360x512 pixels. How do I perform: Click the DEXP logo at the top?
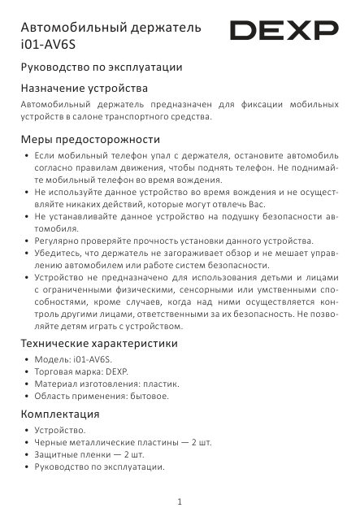pos(284,32)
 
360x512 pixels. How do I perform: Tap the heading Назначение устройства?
pos(84,87)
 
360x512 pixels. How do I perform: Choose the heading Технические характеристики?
pos(98,343)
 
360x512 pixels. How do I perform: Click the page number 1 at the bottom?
pos(180,500)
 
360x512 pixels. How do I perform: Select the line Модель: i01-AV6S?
pos(69,358)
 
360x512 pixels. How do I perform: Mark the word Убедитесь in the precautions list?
pos(61,254)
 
